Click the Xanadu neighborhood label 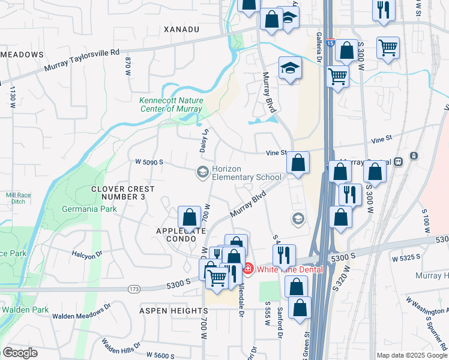coord(181,29)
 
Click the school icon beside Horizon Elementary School coord(202,172)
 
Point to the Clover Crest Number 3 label coord(122,193)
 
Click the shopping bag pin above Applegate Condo coord(190,218)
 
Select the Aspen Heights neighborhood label coord(173,311)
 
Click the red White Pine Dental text coord(290,269)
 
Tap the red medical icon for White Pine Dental coord(247,269)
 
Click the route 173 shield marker coord(134,289)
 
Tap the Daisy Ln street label coord(203,139)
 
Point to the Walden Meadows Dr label coord(82,310)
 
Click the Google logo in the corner coord(20,352)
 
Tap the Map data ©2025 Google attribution coord(411,355)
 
